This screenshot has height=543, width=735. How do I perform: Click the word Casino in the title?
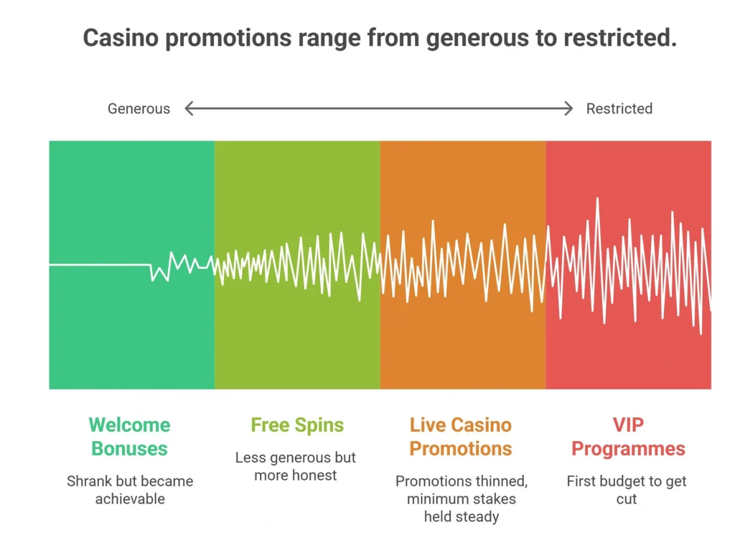pos(121,37)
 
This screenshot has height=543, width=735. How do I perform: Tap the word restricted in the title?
pos(620,37)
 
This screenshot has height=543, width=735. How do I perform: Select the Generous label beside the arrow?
pos(139,108)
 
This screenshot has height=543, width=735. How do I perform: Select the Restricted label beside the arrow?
pos(619,108)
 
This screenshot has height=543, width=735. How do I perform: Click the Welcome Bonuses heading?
pos(129,437)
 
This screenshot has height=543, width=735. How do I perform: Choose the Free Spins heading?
pos(297,424)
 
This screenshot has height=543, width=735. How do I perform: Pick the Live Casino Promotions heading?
pos(460,437)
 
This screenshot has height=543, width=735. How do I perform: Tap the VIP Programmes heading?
pos(628,437)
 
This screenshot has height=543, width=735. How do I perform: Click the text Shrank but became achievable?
pos(130,490)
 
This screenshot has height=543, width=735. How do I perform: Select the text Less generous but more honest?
pos(296,466)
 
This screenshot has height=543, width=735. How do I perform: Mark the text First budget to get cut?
pos(626,490)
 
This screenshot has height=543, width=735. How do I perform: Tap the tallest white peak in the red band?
pos(597,199)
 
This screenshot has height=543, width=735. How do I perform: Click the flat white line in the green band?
pos(100,265)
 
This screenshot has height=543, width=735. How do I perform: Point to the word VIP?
pos(628,424)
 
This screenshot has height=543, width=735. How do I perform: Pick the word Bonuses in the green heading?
pos(129,449)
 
